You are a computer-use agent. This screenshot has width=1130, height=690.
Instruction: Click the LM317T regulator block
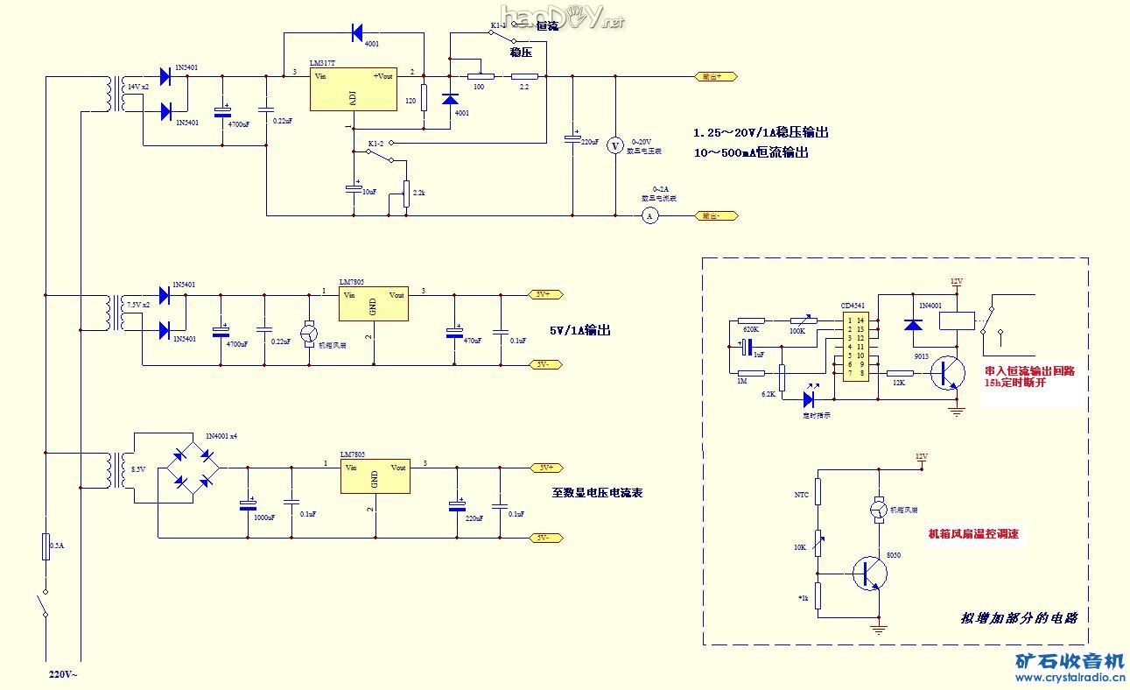pos(353,89)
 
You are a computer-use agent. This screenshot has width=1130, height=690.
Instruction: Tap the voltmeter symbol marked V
pos(614,145)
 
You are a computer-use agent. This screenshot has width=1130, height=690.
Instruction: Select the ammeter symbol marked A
pos(649,215)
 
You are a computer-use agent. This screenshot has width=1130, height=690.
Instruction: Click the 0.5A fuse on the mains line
pos(45,547)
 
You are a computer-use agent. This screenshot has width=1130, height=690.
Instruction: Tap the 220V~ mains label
pos(63,675)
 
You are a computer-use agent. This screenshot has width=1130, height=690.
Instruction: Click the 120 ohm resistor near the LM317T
pos(424,98)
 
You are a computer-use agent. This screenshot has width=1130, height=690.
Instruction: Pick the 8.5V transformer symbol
pos(115,469)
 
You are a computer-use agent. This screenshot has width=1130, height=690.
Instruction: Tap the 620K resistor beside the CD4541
pos(751,320)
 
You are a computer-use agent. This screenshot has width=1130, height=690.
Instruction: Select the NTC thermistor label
pos(801,495)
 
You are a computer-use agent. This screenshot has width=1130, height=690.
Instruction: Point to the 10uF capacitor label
pos(368,192)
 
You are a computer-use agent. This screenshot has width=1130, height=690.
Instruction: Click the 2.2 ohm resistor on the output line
pos(523,76)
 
